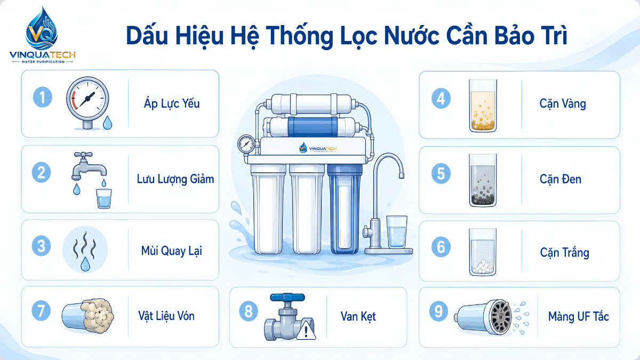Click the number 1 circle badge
coord(43,97)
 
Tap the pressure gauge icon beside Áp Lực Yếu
coord(87,103)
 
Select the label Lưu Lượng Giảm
coord(175,179)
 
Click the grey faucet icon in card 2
coord(89,166)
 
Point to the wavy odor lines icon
coord(85,245)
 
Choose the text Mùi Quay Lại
coord(172,251)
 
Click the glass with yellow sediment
coord(483,106)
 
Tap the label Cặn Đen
coord(561,179)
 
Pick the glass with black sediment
coord(483,180)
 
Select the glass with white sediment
coord(483,252)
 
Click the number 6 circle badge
coord(441,247)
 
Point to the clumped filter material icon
coord(88,316)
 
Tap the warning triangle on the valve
coord(306,330)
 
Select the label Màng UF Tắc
coord(579,317)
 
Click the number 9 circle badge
coord(439,311)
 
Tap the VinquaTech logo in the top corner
coord(43,35)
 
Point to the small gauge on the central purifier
coord(246,143)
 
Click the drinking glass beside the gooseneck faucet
coord(397,231)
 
